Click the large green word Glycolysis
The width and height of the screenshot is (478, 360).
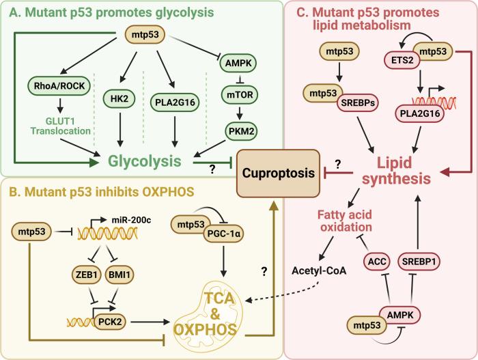(x=147, y=161)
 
